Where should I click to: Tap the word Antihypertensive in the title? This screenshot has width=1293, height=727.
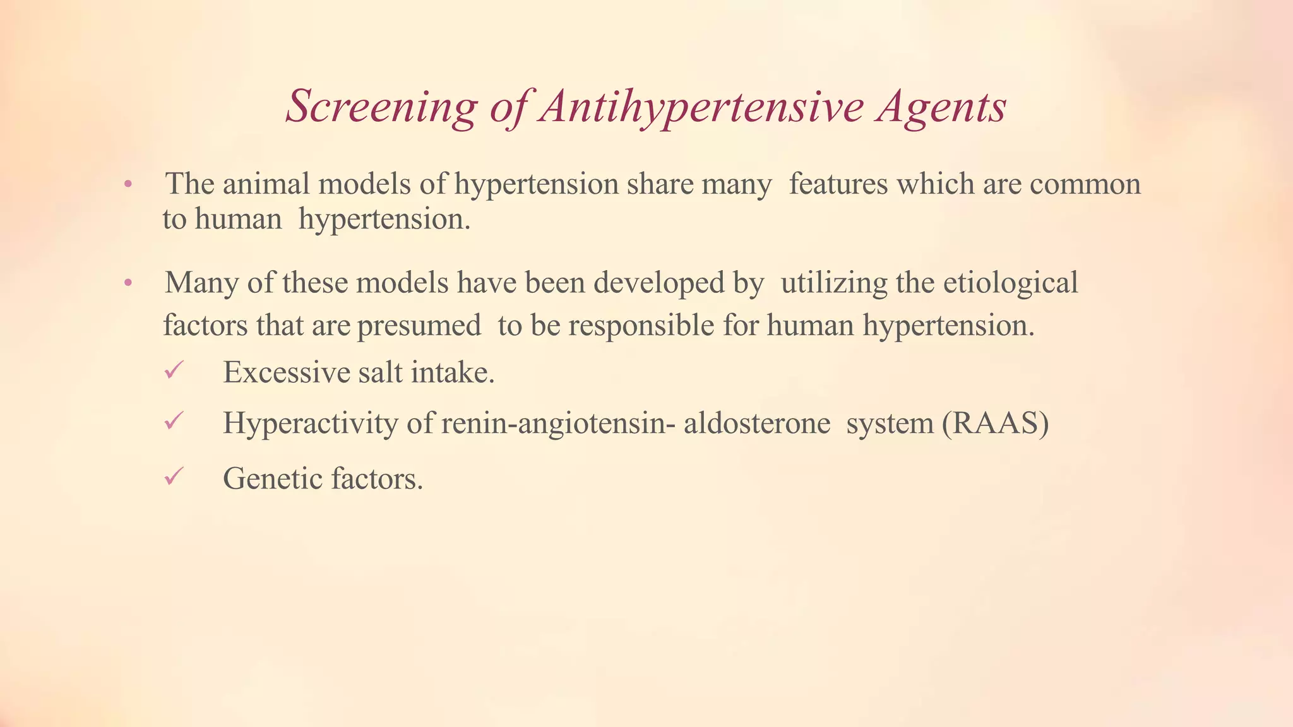pos(701,106)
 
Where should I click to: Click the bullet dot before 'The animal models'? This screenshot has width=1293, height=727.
pos(128,185)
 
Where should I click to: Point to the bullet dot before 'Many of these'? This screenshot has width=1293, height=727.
pos(128,283)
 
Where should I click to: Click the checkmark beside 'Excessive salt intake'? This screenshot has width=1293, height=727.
pos(173,370)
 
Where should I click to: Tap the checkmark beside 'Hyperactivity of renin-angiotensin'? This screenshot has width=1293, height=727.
pos(173,420)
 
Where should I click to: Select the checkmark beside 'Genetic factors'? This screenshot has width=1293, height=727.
pos(173,476)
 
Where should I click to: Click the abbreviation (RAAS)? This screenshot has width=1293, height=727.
pos(995,422)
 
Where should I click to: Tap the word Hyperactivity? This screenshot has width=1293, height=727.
pos(310,422)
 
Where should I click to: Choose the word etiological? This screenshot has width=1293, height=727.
pos(1010,282)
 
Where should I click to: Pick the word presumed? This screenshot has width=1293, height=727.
pos(419,326)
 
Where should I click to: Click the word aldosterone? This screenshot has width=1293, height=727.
pos(756,422)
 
